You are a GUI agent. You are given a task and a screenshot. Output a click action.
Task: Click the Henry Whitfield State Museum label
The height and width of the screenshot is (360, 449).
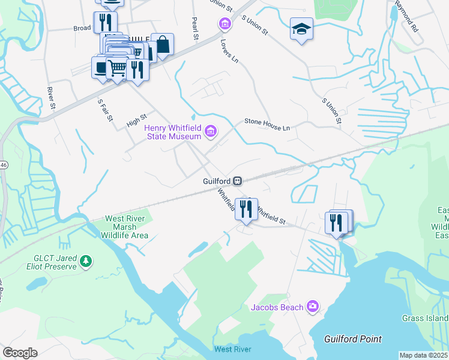(172, 131)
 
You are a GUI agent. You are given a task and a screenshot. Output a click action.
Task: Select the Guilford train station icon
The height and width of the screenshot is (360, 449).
(238, 181)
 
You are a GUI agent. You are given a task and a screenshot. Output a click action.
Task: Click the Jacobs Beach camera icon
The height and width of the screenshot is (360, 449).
(312, 307)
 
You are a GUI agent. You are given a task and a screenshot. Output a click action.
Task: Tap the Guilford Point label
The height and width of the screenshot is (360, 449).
(353, 339)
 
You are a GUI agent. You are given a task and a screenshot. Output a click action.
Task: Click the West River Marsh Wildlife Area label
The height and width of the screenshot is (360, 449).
(125, 227)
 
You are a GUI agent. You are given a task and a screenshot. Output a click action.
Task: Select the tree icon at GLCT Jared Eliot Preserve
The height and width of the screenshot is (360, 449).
(86, 261)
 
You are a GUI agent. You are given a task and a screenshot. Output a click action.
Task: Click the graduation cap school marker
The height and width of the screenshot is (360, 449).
(301, 28)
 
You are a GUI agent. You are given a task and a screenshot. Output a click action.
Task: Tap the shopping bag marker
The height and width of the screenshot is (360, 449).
(162, 44)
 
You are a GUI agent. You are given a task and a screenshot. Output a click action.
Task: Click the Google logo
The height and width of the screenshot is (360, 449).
(20, 353)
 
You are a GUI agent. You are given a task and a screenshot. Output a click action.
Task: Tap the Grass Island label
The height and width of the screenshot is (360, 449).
(424, 318)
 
